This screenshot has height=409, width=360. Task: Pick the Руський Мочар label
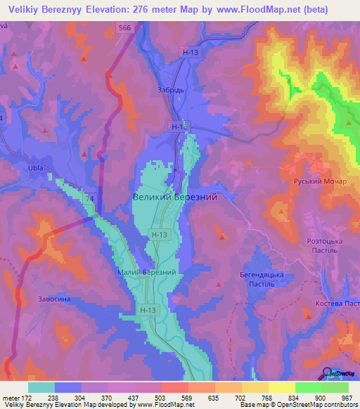pyautogui.click(x=321, y=181)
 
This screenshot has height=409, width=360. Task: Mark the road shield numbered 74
pyautogui.click(x=90, y=199)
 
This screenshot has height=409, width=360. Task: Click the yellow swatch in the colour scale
pyautogui.click(x=281, y=387)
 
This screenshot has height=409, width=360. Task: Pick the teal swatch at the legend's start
pyautogui.click(x=41, y=387)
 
